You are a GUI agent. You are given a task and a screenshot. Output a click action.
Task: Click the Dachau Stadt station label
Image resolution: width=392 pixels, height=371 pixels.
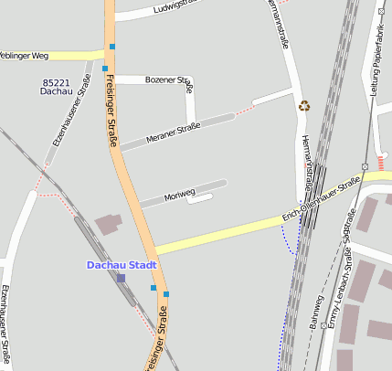coord(122,265)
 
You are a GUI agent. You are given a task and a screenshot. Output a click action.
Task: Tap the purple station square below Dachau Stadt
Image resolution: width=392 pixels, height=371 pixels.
coord(121,278)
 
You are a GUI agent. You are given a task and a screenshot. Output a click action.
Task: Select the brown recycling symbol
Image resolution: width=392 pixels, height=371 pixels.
coord(304,106)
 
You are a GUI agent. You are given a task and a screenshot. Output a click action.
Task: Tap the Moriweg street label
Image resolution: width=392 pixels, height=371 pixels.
coord(179,195)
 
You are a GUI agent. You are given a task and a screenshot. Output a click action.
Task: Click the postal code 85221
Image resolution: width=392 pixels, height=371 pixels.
coord(57,82)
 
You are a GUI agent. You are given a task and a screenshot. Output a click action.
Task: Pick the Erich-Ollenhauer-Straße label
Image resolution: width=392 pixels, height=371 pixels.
coord(323,196)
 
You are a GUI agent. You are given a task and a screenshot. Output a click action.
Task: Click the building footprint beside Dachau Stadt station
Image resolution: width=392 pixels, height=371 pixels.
coord(108,223)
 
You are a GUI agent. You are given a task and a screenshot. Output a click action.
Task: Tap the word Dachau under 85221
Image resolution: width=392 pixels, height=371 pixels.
coord(57,92)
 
